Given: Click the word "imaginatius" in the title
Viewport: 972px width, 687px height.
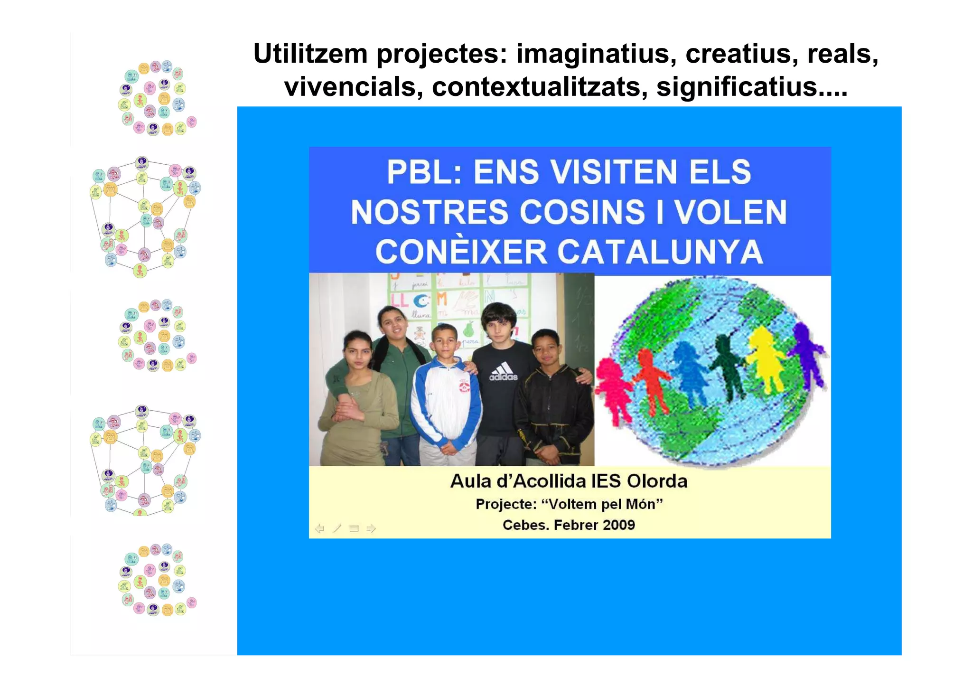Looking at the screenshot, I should pyautogui.click(x=596, y=54).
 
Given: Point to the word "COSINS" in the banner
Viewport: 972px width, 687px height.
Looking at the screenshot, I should pyautogui.click(x=582, y=212).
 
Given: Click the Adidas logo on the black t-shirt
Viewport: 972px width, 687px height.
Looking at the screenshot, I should pyautogui.click(x=503, y=371).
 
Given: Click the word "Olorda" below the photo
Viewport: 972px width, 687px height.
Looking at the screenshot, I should pyautogui.click(x=657, y=481).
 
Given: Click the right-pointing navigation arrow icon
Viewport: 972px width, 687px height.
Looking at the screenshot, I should pyautogui.click(x=371, y=528).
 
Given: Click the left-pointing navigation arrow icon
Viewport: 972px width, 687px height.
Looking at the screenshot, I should pyautogui.click(x=320, y=528).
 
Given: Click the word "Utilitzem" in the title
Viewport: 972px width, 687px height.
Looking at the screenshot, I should pyautogui.click(x=310, y=54).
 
